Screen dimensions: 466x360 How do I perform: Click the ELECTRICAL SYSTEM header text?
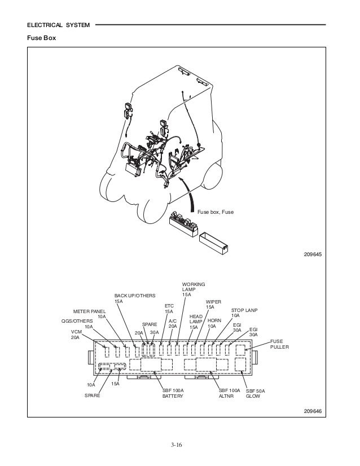point(58,25)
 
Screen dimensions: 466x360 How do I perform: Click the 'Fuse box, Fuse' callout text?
point(216,212)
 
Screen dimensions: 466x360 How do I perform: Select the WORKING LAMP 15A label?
point(194,289)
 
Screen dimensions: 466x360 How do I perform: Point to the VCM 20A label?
point(75,334)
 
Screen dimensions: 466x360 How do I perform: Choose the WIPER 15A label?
point(213,305)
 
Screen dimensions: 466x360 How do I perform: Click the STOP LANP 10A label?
point(244,314)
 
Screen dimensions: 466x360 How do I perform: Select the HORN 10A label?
point(214,323)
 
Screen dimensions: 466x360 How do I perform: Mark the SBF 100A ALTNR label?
point(229,393)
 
